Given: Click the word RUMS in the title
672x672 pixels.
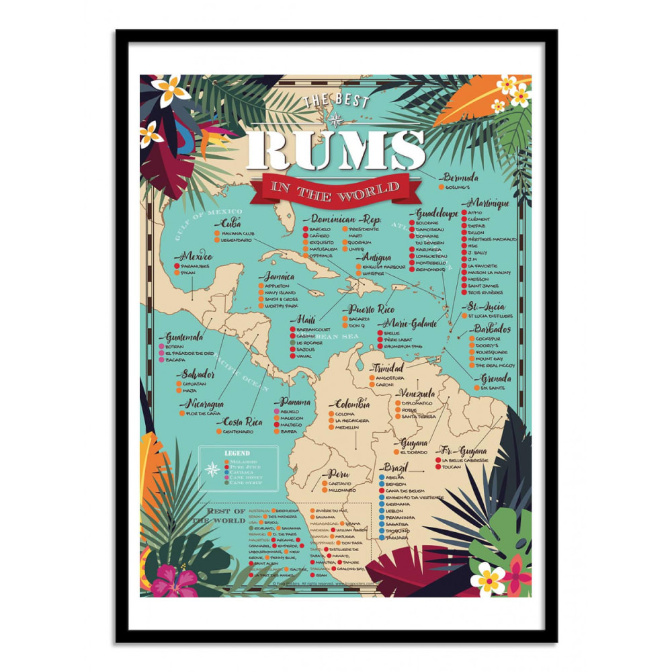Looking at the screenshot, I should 335,150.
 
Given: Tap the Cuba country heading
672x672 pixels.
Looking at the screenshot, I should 230,223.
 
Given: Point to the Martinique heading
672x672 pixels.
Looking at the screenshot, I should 488,203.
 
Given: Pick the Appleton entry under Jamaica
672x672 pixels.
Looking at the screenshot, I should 276,286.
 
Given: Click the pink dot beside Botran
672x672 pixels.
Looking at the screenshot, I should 161,347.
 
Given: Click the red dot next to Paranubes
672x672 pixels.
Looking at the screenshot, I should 176,266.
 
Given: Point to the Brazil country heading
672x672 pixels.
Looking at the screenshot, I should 396,467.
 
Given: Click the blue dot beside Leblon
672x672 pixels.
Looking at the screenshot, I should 382,510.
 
